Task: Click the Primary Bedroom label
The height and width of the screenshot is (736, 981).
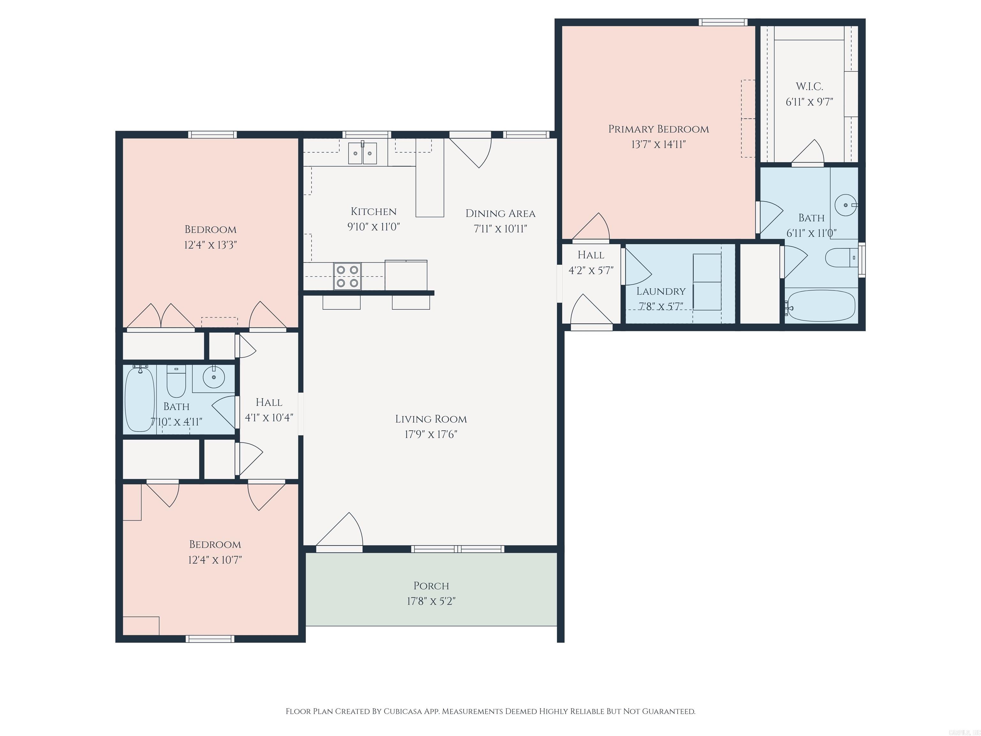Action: click(658, 129)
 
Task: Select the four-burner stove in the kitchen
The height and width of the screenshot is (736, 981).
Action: click(347, 276)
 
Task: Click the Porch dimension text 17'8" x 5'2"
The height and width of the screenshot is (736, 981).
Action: click(431, 601)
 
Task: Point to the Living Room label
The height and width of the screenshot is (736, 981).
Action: click(431, 419)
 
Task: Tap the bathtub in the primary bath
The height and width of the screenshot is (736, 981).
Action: click(819, 306)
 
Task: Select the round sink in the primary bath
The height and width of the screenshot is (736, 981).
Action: click(845, 205)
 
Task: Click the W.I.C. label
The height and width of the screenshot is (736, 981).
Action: click(810, 87)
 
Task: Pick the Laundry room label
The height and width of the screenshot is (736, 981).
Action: click(661, 291)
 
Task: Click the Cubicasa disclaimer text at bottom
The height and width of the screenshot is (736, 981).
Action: click(490, 711)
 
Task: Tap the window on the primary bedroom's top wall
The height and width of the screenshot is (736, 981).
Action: click(723, 22)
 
